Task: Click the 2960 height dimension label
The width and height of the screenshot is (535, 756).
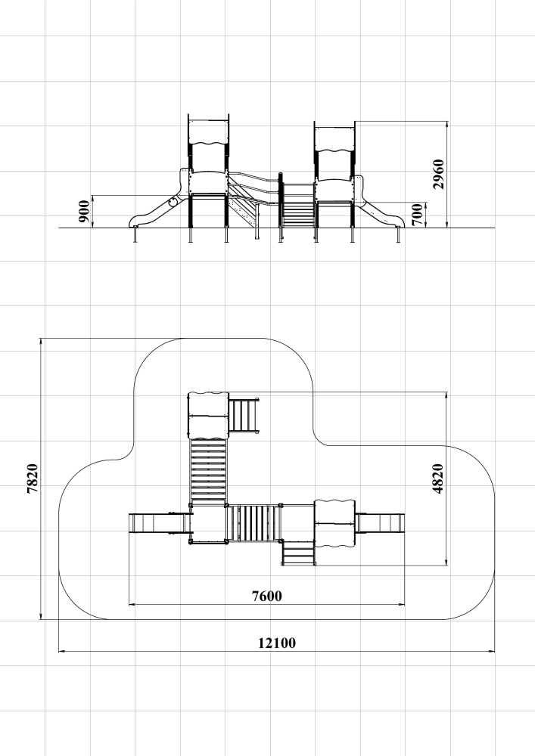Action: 438,174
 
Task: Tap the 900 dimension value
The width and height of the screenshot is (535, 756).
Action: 83,211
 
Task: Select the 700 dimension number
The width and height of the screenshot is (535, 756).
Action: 418,215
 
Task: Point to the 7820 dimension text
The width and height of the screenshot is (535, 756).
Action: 33,479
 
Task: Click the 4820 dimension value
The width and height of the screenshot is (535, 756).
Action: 437,479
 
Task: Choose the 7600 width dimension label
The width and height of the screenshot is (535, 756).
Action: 267,596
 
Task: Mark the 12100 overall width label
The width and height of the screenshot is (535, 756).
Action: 277,643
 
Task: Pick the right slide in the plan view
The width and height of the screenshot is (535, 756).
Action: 380,523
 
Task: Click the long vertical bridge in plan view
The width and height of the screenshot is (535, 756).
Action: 208,470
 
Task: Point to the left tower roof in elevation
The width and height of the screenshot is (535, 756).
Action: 208,132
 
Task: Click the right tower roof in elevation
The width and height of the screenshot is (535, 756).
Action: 334,138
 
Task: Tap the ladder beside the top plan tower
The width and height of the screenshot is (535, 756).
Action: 243,416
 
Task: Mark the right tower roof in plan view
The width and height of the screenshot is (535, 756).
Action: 334,524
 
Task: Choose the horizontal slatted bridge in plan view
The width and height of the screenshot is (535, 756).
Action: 254,523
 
